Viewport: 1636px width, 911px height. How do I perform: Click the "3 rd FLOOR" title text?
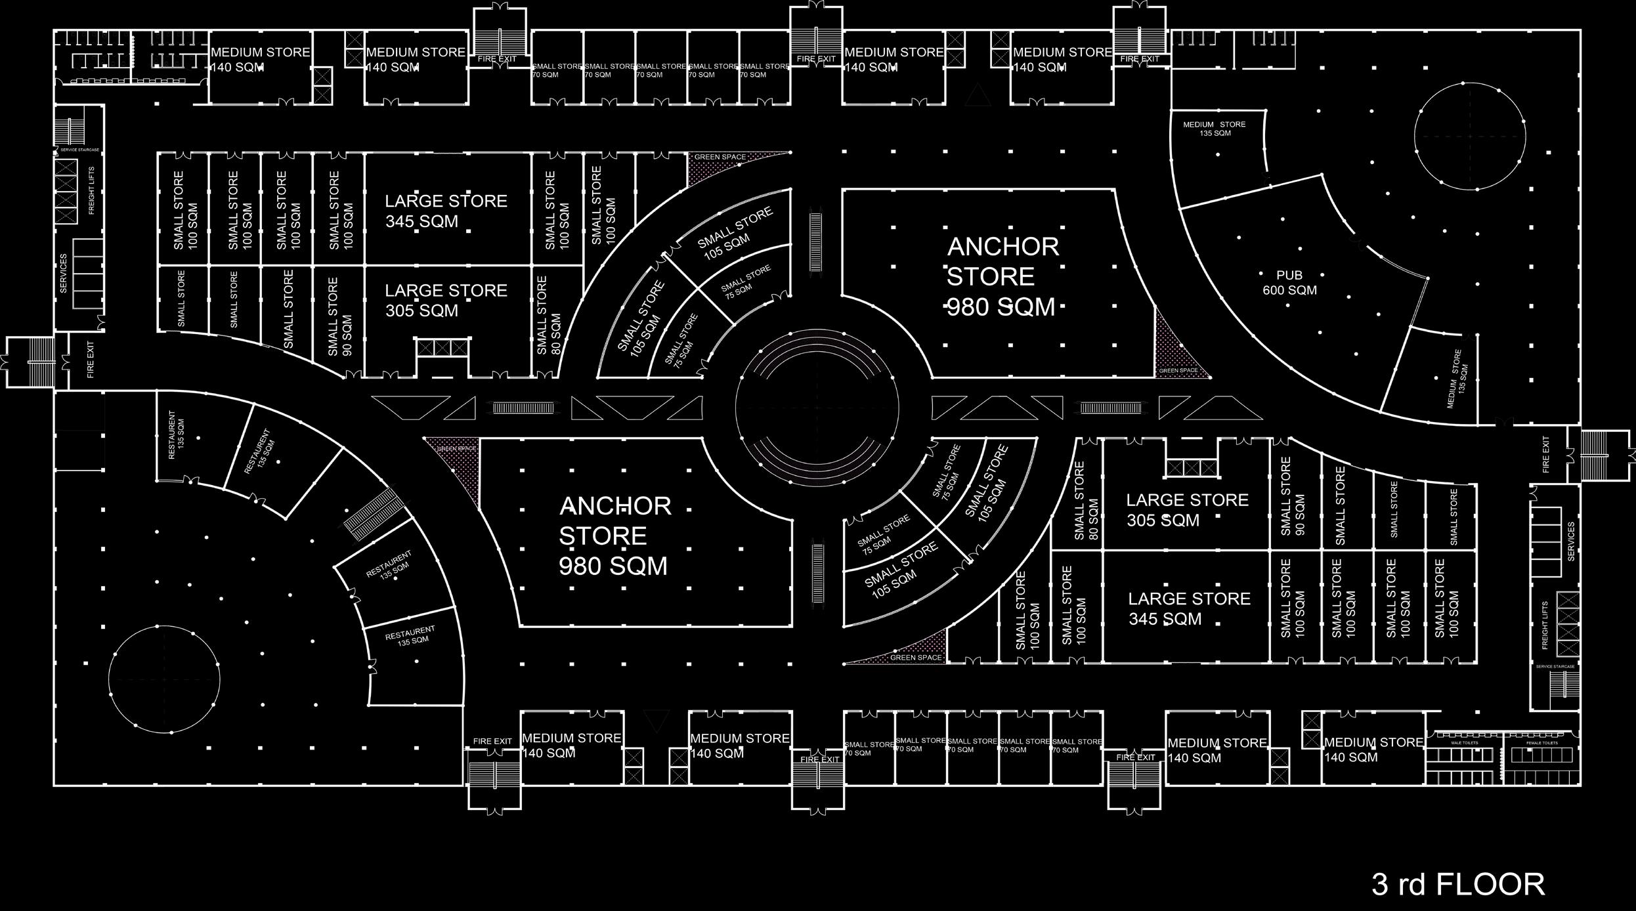[x=1457, y=885]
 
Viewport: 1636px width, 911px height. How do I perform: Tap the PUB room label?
[x=1289, y=275]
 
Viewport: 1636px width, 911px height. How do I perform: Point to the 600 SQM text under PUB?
[x=1289, y=290]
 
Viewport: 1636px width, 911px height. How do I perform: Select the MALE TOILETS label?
[x=1464, y=743]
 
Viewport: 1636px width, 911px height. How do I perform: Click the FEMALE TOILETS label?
[x=1541, y=743]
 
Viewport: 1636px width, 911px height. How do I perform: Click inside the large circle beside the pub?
[x=1469, y=137]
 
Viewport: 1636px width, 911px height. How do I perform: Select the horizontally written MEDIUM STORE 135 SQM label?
[x=1214, y=129]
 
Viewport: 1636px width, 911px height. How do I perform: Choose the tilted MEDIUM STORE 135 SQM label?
[x=1456, y=379]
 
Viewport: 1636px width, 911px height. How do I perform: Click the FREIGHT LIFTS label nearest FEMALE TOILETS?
[x=1545, y=624]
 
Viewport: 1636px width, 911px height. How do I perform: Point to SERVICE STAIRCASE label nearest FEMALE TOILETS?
[x=1555, y=667]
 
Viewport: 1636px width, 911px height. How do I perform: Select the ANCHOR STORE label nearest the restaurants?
[x=613, y=536]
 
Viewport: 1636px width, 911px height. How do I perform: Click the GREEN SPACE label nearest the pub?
[x=1178, y=371]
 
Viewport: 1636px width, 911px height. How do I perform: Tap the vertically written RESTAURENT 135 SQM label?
[x=176, y=434]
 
